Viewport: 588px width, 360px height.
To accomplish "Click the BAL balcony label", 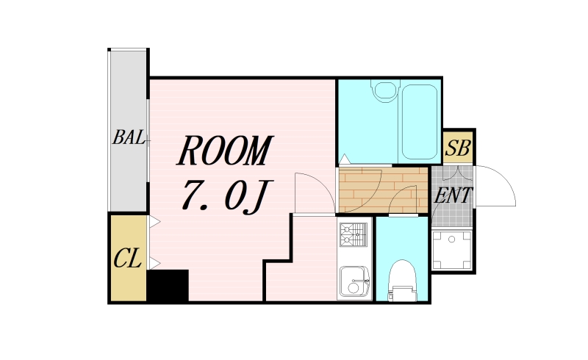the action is (x=129, y=137).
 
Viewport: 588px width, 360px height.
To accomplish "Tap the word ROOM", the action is (x=225, y=151).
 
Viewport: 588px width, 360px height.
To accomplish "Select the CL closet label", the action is (x=127, y=259).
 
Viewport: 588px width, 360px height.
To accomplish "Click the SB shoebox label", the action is (x=458, y=148).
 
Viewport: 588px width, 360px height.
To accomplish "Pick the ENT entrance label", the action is (x=453, y=195).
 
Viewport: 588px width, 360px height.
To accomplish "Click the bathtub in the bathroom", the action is (x=420, y=122).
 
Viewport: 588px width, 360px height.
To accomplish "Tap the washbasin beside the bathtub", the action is (x=385, y=90).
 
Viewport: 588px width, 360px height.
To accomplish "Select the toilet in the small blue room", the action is (x=402, y=281).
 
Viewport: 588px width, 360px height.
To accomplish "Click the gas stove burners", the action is (x=354, y=235).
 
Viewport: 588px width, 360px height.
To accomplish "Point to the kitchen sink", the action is (x=354, y=281).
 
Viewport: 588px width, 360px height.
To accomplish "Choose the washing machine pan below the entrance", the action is (x=451, y=251).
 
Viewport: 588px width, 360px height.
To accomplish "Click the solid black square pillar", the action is (x=168, y=286).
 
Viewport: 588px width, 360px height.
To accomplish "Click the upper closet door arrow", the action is (x=155, y=222).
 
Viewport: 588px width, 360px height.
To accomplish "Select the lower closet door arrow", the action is (x=155, y=263).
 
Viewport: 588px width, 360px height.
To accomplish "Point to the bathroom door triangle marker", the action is (x=345, y=159).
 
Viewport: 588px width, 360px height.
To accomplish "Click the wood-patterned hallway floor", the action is (x=383, y=190).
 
